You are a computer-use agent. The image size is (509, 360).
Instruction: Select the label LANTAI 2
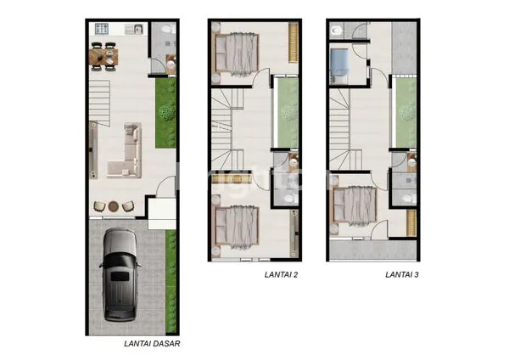click(x=279, y=275)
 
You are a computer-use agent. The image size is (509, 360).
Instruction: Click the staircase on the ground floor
click(x=103, y=98)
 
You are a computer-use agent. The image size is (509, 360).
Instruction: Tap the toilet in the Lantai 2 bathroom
click(x=289, y=196)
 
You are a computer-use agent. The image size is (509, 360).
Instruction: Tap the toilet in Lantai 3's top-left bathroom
click(x=337, y=31)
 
